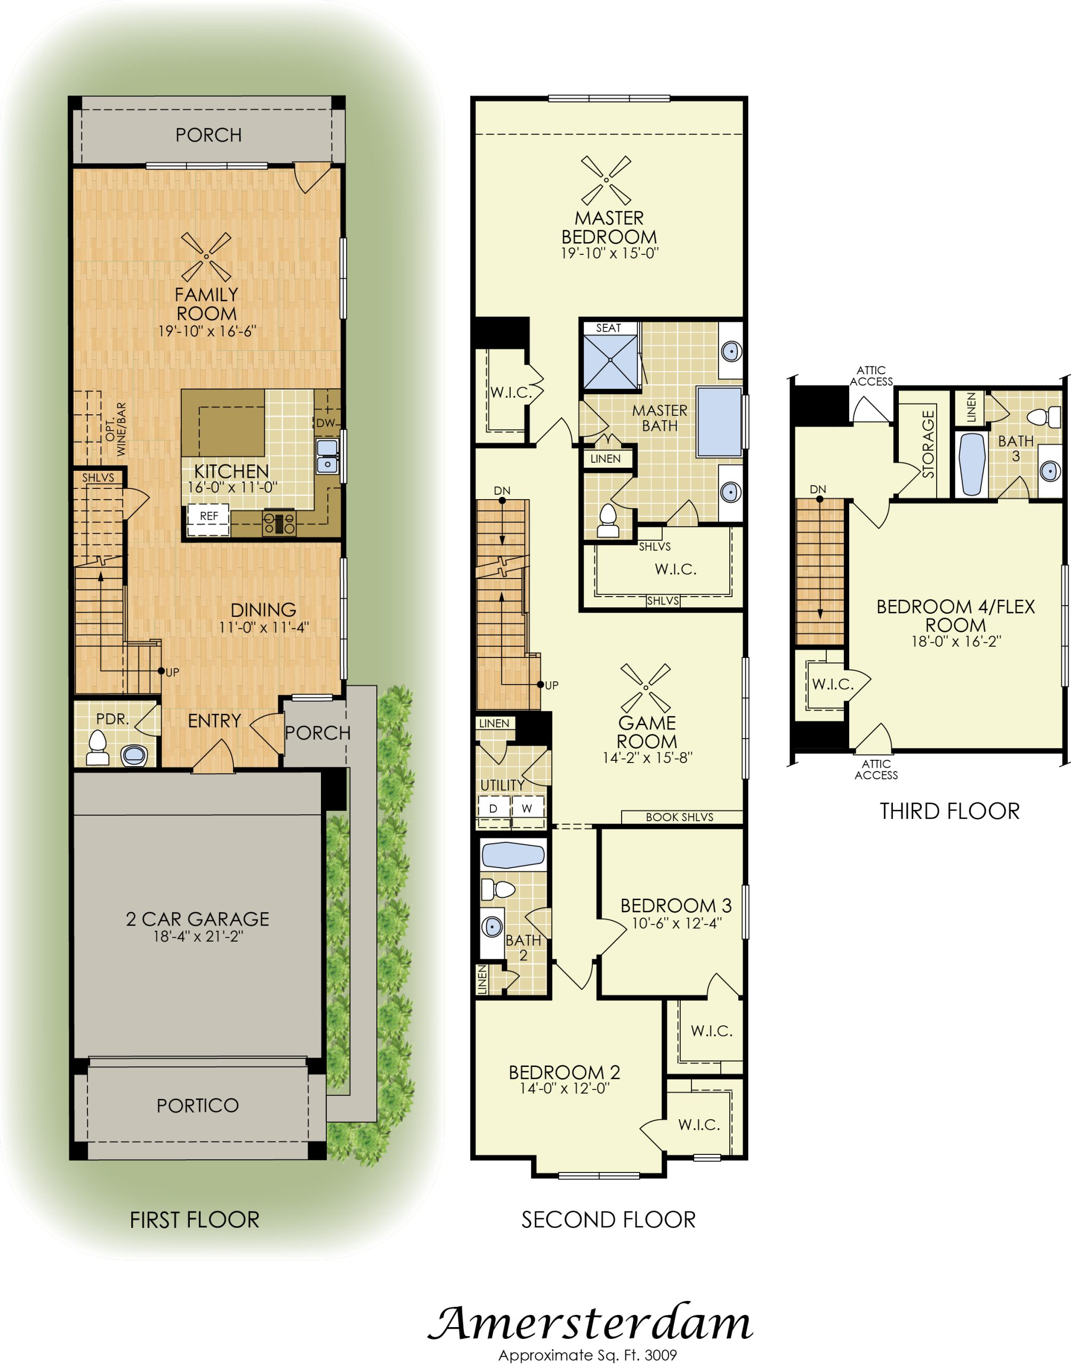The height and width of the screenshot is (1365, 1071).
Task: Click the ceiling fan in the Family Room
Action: (206, 257)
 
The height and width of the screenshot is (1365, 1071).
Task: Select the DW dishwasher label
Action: (325, 423)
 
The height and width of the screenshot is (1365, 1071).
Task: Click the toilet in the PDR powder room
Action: (97, 748)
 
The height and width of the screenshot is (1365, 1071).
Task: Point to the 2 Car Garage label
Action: (198, 919)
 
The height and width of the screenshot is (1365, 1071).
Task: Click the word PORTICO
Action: (198, 1105)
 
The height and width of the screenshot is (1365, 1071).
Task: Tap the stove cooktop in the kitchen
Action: (279, 523)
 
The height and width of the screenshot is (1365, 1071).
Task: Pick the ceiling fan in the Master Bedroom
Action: (606, 181)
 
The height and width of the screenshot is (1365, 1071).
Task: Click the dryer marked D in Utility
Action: (493, 809)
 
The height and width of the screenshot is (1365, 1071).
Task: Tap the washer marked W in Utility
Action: (527, 809)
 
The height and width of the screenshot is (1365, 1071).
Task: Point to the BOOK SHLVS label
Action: (680, 817)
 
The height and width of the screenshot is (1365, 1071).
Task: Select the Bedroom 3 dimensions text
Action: (677, 923)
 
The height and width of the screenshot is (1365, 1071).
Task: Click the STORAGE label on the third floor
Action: (928, 444)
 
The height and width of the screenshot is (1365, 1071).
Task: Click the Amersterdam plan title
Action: (590, 1323)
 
